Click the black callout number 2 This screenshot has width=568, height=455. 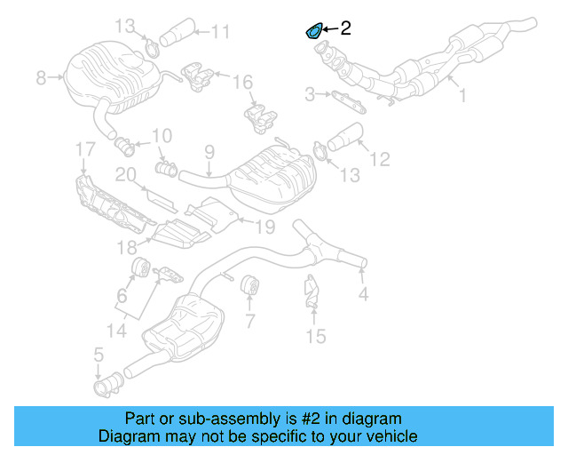coord(345,28)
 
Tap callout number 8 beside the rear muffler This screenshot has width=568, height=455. coord(41,78)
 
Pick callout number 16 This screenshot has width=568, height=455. coord(242,83)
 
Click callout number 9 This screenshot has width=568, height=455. coord(209,152)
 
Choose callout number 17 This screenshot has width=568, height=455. coord(83,148)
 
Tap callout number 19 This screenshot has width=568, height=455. coord(265,227)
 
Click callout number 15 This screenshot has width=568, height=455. coord(315,336)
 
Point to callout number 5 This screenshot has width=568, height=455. coord(99,356)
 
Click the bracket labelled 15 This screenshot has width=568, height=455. coord(312,291)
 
